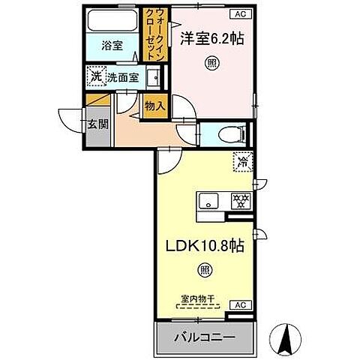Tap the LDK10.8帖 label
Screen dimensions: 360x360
(x=204, y=244)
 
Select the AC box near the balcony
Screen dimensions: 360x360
(x=241, y=305)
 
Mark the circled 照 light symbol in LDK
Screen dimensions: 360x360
(x=204, y=270)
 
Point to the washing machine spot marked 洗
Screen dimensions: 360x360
(x=96, y=76)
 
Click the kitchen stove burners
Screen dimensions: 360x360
(x=239, y=200)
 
